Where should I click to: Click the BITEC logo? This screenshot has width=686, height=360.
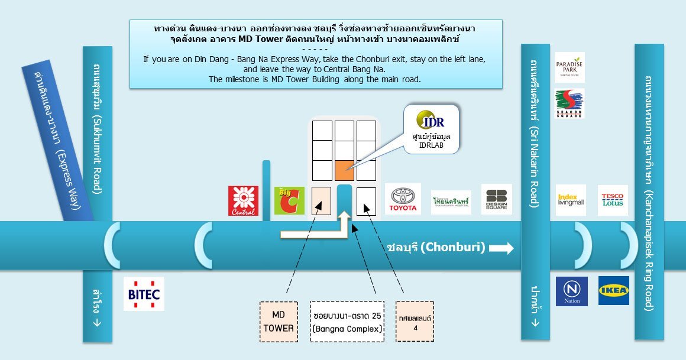(144, 293)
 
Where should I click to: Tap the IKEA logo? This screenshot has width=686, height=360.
(614, 290)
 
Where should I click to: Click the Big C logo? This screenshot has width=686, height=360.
(290, 200)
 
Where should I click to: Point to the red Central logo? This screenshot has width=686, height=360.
(243, 200)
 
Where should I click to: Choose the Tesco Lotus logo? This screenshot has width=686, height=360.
(612, 200)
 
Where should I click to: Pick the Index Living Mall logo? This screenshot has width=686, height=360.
(571, 200)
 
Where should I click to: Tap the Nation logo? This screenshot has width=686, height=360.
(572, 291)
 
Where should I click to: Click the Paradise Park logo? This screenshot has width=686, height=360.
(569, 67)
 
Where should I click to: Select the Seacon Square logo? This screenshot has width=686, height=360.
(569, 103)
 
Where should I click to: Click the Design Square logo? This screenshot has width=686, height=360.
(496, 199)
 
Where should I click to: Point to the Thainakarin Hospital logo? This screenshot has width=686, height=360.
(451, 202)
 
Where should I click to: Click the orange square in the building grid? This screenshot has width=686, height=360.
(344, 170)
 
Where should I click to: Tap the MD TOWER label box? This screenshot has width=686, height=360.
(279, 322)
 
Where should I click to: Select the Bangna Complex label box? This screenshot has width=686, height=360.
(347, 322)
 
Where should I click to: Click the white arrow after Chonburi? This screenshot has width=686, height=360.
(501, 248)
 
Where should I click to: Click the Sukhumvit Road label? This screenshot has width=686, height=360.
(98, 130)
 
